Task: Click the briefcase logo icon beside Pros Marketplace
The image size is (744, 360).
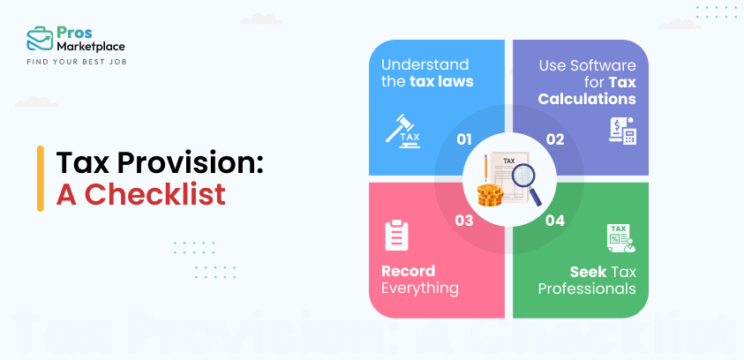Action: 39,39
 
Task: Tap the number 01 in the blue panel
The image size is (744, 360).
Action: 464,139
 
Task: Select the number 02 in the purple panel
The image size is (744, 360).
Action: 555,139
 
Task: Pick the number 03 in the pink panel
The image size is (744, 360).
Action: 464,221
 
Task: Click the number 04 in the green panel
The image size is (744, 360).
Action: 555,221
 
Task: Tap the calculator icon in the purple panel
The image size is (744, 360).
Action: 621,131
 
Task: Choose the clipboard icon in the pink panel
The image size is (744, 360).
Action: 396,235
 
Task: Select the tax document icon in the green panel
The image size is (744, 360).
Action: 620,237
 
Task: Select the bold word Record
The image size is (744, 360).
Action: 408,270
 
